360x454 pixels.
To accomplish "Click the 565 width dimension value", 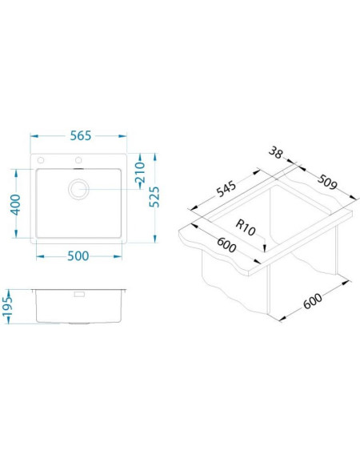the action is click(x=81, y=136).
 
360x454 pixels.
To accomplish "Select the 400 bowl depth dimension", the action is click(x=16, y=205).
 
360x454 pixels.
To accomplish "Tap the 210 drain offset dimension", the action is click(x=140, y=172).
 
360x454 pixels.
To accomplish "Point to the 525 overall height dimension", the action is click(x=154, y=197).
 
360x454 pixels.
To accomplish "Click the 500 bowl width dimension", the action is click(x=78, y=256).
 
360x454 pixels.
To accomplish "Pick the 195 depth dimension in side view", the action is click(x=7, y=307).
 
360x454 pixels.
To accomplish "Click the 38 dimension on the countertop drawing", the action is click(x=275, y=153).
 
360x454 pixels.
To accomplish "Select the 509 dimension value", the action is click(x=327, y=182).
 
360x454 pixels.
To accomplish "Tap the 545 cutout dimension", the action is click(x=226, y=189).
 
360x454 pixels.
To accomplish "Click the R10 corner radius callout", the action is click(x=246, y=227).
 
